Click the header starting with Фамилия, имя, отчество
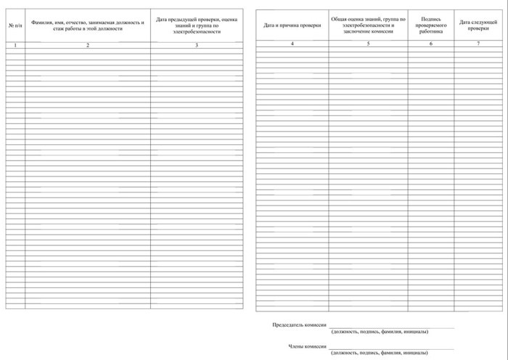(88, 25)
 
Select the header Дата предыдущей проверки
(197, 25)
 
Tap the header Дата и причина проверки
(291, 25)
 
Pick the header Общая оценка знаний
(367, 25)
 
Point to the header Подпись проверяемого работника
(430, 25)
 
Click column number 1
(14, 46)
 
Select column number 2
(88, 46)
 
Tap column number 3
(197, 46)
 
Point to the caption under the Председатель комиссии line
(379, 332)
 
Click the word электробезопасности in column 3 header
(197, 32)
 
